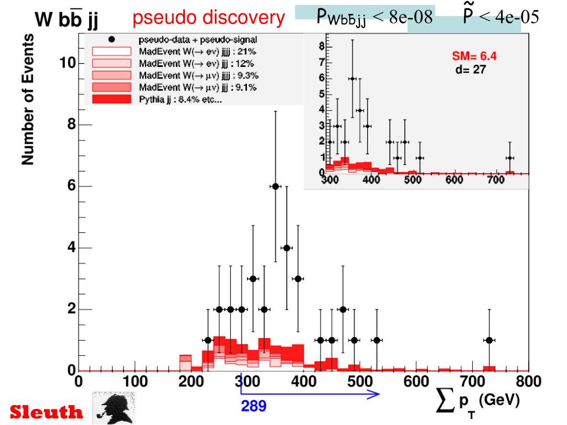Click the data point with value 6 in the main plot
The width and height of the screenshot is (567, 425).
275,186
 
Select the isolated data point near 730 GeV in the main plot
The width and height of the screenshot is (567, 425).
489,340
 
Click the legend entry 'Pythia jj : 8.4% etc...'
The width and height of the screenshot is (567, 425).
177,100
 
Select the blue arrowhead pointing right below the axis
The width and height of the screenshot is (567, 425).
375,394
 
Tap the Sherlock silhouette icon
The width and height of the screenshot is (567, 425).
114,408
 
